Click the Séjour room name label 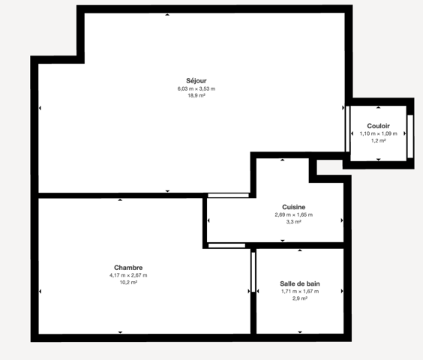point(196,81)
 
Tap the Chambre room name point(128,268)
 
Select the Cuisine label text point(294,207)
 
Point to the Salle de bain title point(300,283)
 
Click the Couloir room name point(379,126)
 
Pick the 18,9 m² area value point(196,95)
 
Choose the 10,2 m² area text point(128,282)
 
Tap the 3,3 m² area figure point(294,221)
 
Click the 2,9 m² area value point(300,298)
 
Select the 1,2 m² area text point(379,140)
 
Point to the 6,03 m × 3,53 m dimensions point(196,88)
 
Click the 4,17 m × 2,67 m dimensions point(128,275)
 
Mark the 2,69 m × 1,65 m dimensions point(294,214)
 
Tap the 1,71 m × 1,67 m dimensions point(300,291)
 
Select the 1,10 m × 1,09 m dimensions point(379,133)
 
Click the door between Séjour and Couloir point(348,129)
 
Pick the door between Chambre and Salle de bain point(253,272)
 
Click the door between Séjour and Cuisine point(228,196)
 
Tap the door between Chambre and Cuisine point(227,245)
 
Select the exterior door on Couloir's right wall point(410,136)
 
